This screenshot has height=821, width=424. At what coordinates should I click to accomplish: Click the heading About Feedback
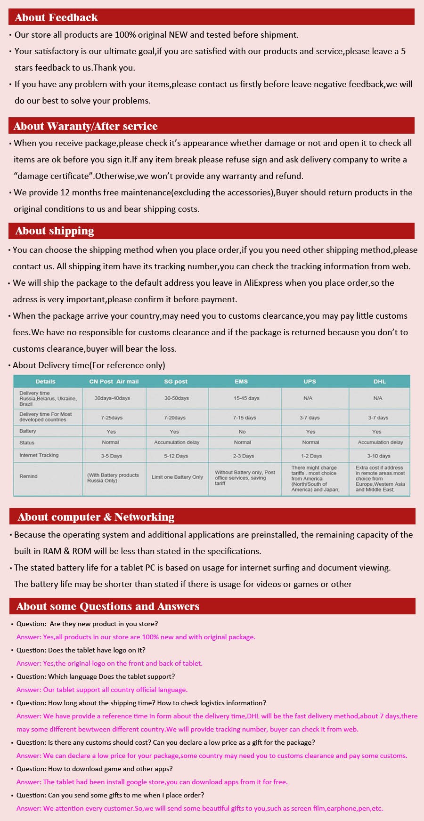[56, 17]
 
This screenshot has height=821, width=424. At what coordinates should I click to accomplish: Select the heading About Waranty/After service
[85, 126]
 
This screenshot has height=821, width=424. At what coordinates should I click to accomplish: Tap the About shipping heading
[55, 231]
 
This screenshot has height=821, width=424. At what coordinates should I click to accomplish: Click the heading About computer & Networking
[96, 517]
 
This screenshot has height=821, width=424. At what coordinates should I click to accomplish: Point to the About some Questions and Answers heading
[107, 606]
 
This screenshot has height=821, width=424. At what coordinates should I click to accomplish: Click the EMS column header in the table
[241, 381]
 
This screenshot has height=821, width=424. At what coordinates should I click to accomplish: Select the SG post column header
[176, 381]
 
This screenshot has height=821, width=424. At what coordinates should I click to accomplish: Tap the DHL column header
[379, 381]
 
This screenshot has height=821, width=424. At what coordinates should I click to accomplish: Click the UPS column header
[310, 381]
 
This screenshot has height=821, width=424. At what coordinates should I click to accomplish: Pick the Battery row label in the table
[28, 431]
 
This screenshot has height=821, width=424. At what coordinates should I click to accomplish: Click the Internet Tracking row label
[39, 455]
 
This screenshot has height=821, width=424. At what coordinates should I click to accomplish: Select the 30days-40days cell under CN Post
[112, 398]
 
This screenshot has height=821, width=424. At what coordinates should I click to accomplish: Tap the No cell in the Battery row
[242, 432]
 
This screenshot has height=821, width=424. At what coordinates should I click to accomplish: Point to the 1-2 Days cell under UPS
[311, 456]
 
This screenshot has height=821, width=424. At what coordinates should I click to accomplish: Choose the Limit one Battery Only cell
[177, 477]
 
